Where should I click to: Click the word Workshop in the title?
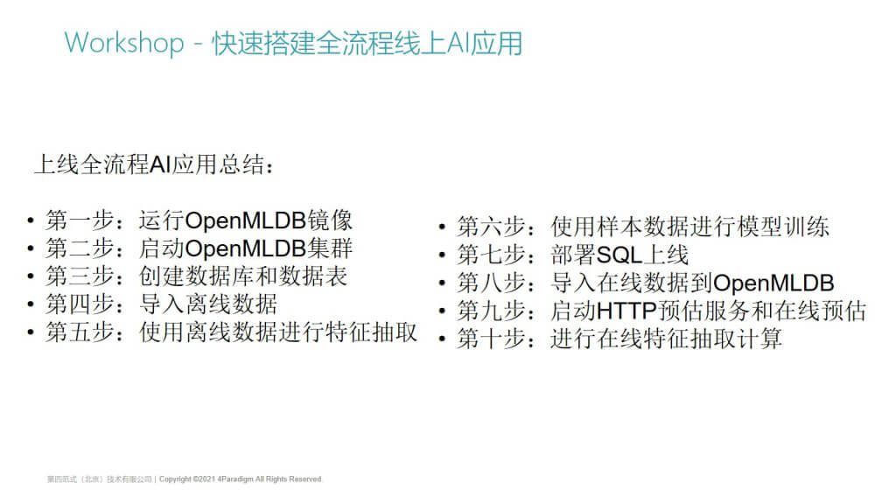[x=124, y=44]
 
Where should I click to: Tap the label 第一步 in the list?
[x=80, y=220]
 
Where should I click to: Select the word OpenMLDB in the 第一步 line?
[x=246, y=220]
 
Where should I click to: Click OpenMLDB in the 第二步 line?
[x=246, y=248]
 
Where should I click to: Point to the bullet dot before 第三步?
[x=31, y=276]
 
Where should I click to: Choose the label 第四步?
[x=80, y=304]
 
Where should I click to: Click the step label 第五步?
[x=80, y=332]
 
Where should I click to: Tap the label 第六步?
[x=491, y=227]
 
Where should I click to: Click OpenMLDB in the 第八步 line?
[x=773, y=283]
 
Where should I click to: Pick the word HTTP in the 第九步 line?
[x=626, y=311]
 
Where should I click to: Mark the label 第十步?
[x=491, y=339]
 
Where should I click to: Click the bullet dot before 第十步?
[x=442, y=339]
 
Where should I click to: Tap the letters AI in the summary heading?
[x=161, y=164]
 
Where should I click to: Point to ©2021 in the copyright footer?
[x=204, y=479]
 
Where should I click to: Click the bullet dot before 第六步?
[x=442, y=227]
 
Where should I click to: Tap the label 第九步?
[x=491, y=311]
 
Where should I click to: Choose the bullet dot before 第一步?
[x=31, y=220]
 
